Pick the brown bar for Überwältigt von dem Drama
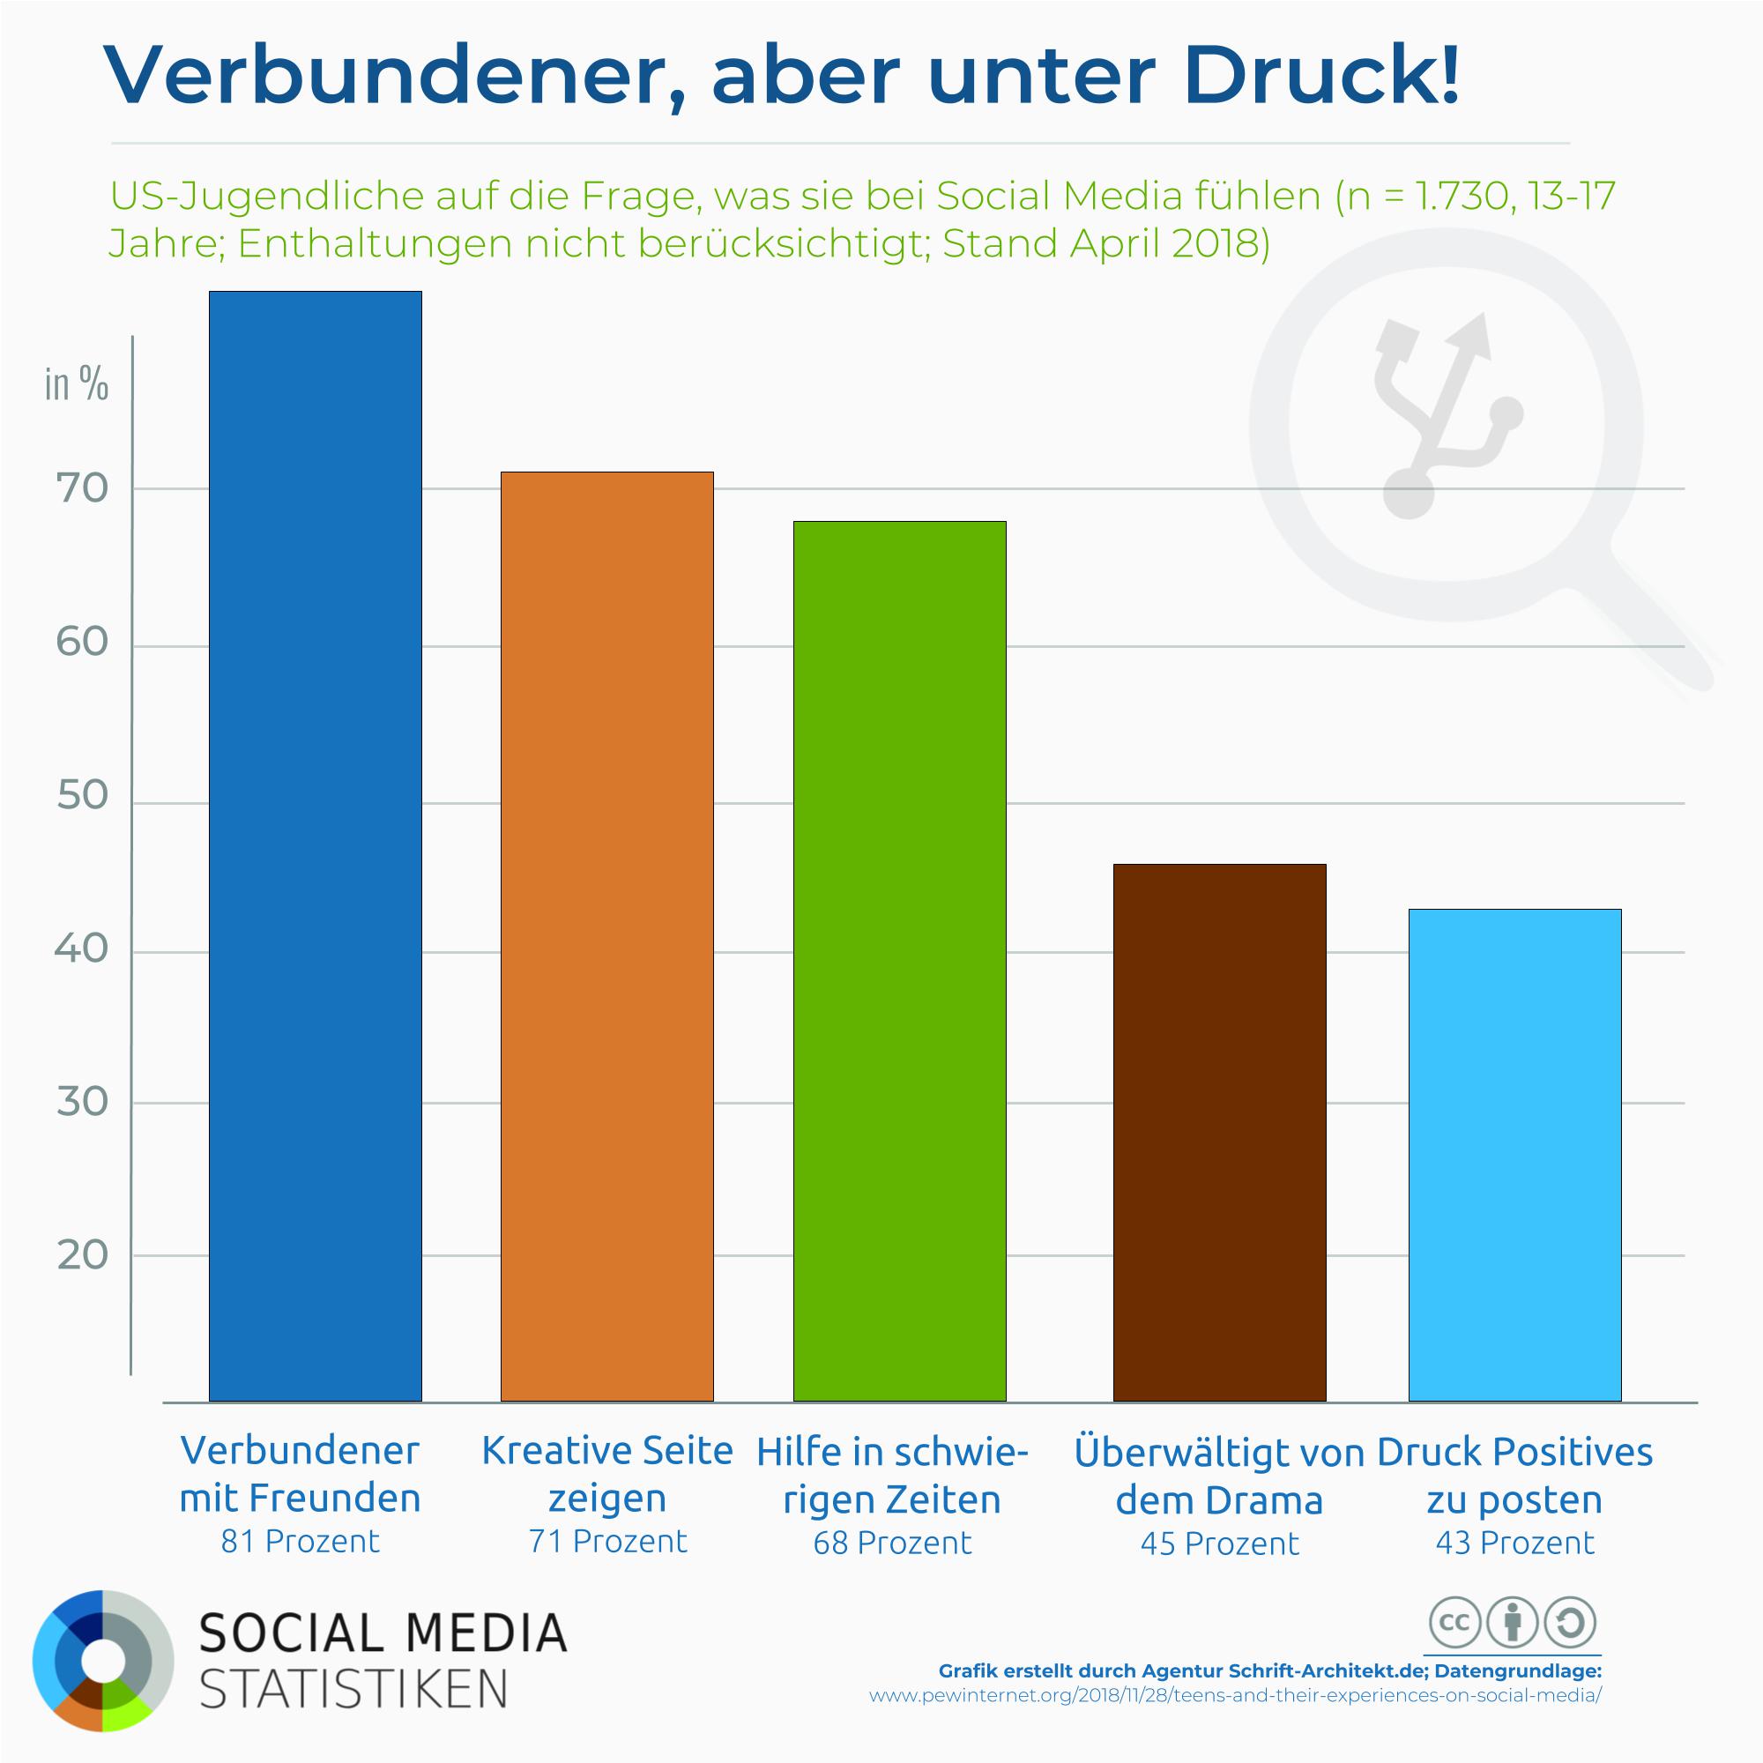(x=1219, y=1132)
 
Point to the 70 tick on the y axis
(x=82, y=489)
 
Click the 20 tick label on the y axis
(x=82, y=1255)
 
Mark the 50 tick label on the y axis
(x=82, y=796)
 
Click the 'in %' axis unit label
(x=77, y=384)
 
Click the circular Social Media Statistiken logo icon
(x=102, y=1661)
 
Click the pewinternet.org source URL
(x=1235, y=1721)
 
